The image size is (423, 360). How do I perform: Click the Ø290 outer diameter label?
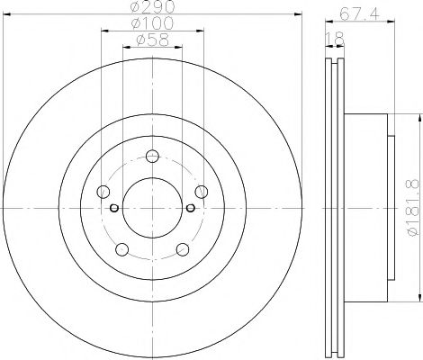[x=149, y=8]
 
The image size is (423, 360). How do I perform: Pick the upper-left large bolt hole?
[x=103, y=191]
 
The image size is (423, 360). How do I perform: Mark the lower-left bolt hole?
[x=121, y=248]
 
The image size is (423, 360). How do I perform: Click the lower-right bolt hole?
[x=182, y=248]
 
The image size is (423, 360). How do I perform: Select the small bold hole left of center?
[x=114, y=208]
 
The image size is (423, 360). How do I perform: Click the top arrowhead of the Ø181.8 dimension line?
[x=418, y=118]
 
